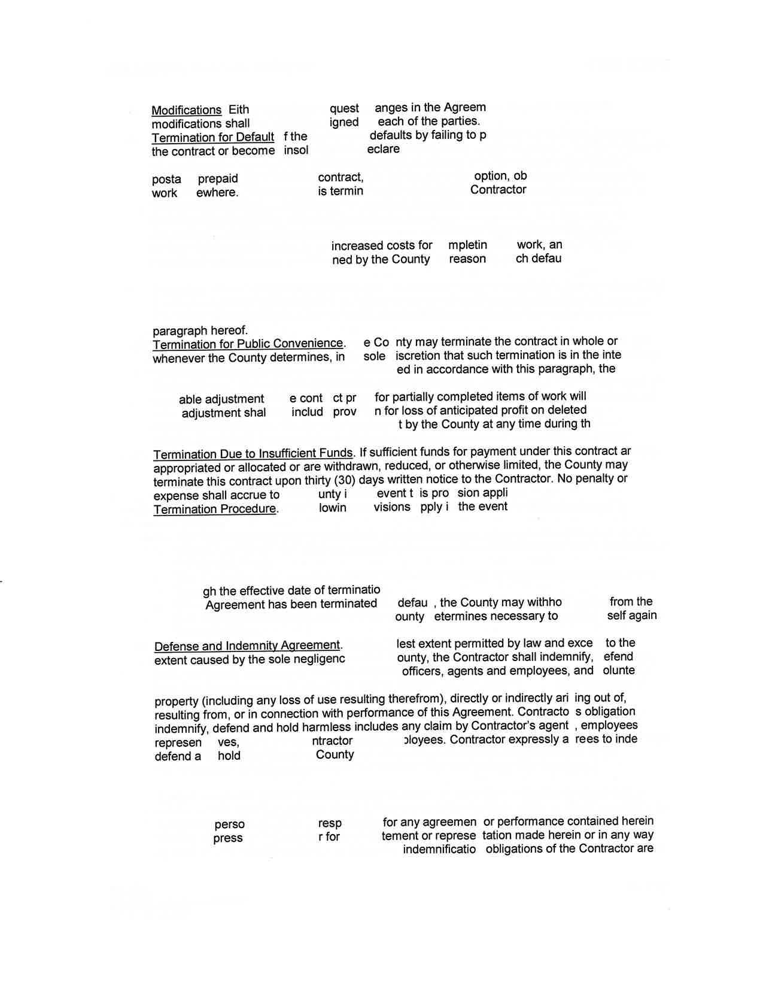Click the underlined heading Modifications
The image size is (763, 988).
186,110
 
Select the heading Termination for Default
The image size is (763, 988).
212,137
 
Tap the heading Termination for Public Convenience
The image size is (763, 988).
248,344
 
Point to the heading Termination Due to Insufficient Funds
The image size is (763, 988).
253,453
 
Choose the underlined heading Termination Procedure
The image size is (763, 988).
215,509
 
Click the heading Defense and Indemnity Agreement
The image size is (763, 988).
247,645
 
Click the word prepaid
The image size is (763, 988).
218,178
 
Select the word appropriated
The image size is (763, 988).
187,468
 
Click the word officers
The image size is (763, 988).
423,671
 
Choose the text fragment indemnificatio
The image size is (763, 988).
439,849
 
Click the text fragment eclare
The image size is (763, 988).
383,149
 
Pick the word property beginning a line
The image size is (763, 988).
176,701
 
